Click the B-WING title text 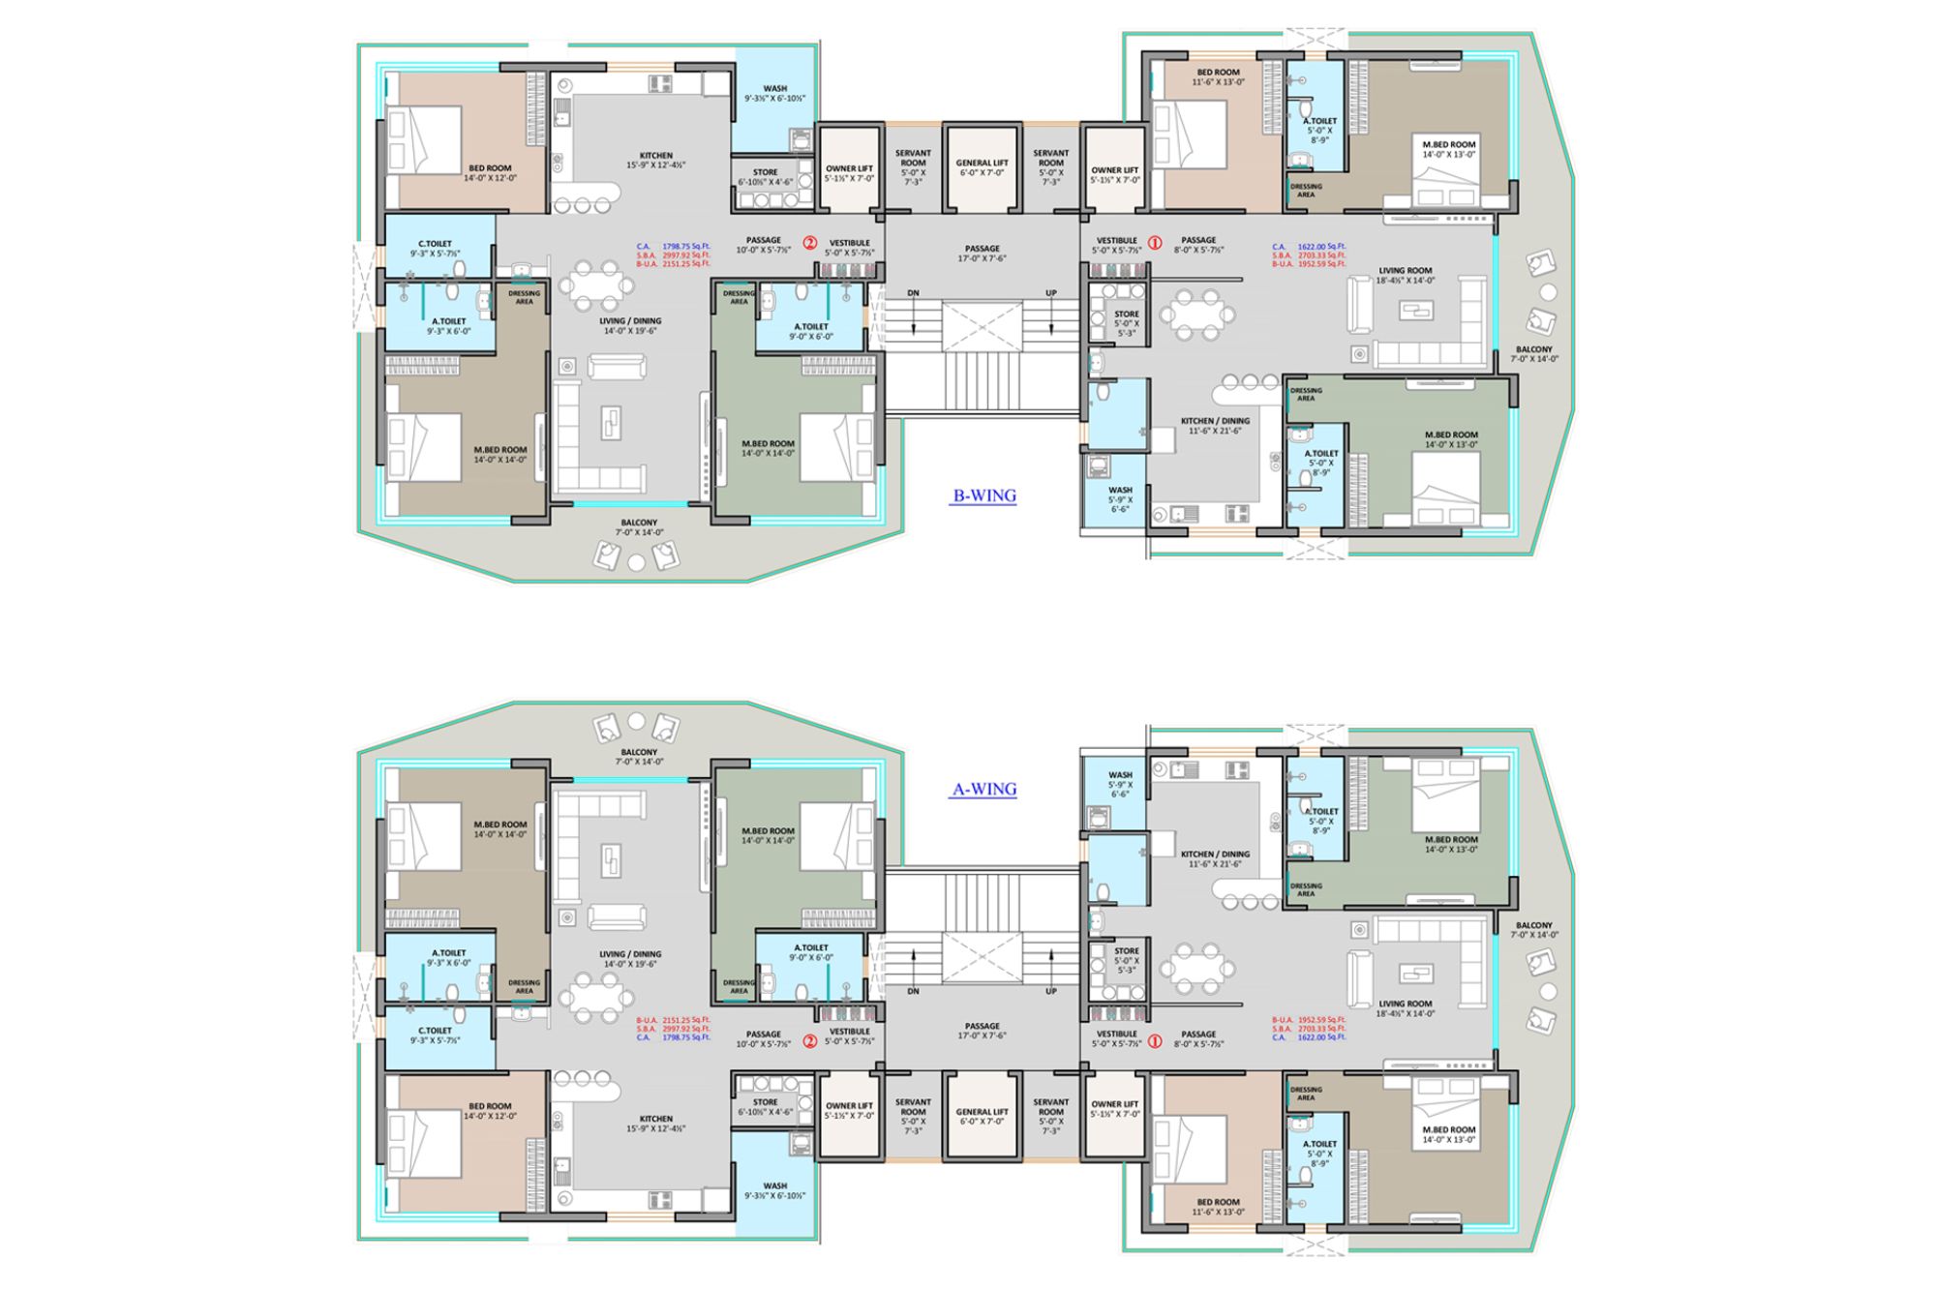984,496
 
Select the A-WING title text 984,790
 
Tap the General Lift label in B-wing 982,167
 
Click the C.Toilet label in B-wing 435,249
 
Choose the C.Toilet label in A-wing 435,1035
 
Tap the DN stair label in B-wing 913,293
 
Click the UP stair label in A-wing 1051,991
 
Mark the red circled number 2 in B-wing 810,243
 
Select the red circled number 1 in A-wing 1154,1042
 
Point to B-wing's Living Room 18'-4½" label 1406,276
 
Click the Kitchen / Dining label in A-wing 1215,858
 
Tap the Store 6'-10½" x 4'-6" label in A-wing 765,1107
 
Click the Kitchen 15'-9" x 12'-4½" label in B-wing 655,161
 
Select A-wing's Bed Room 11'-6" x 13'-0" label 1218,1207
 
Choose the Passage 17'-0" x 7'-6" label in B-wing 982,254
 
